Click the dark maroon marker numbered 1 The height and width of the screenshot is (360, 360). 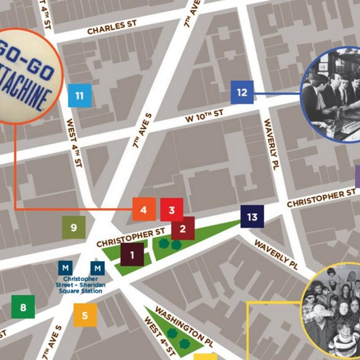tap(132, 254)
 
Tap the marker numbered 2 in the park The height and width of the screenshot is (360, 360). tap(183, 229)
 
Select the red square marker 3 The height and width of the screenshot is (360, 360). tap(172, 210)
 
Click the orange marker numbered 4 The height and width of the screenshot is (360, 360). tap(144, 210)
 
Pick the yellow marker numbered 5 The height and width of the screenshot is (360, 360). tap(85, 315)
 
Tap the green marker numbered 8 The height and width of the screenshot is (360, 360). tap(23, 307)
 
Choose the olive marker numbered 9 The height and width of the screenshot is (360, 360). tap(73, 228)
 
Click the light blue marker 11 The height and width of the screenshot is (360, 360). tap(79, 96)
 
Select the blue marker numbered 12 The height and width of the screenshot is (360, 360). tap(242, 92)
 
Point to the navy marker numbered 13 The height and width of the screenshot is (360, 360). tap(252, 217)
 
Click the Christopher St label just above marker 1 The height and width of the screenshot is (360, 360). tap(130, 237)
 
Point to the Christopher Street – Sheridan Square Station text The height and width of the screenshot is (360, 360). tap(84, 285)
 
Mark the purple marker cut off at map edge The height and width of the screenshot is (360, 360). tap(357, 177)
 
